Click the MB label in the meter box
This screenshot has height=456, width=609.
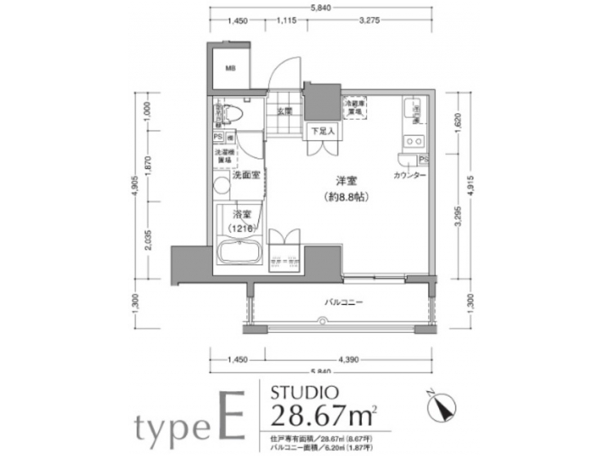[x=231, y=71]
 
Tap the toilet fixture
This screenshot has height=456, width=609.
[x=233, y=112]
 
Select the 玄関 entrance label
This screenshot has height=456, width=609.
[x=283, y=111]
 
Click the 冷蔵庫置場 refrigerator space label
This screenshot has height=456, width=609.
[x=354, y=106]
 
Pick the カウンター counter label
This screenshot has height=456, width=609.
[x=409, y=176]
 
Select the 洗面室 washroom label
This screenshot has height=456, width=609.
[x=244, y=174]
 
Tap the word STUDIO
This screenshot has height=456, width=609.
[x=304, y=392]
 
